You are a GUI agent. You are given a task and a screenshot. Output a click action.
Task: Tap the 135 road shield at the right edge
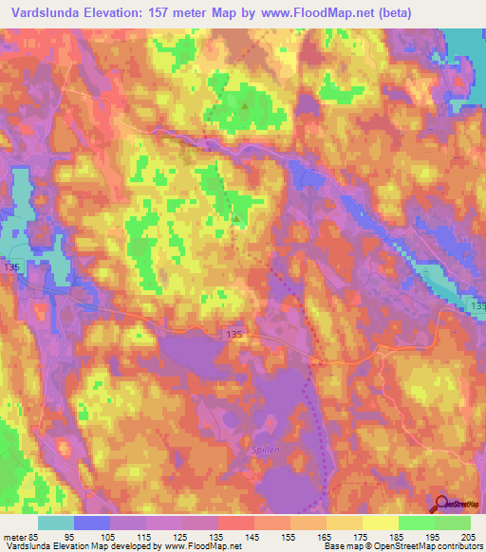pos(477,307)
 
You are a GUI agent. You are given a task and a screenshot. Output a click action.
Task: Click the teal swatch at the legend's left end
pos(56,523)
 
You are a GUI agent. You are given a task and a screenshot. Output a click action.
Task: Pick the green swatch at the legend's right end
pos(453,523)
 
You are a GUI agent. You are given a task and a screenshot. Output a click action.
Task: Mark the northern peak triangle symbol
pos(247,106)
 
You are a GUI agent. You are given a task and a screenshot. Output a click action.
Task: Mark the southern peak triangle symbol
pos(236,216)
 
